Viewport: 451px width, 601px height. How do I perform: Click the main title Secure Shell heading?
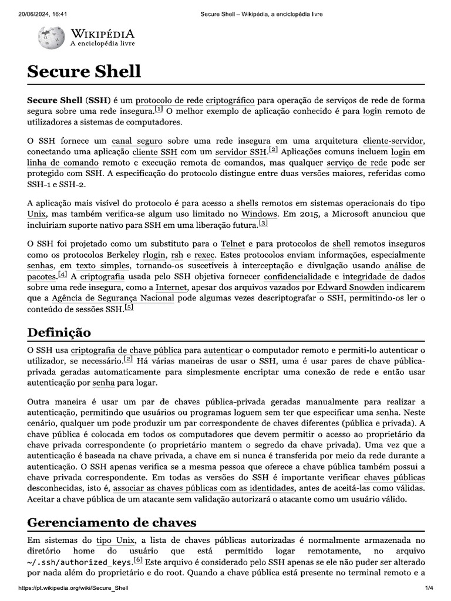pos(84,72)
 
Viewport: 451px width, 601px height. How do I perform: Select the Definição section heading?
pos(59,333)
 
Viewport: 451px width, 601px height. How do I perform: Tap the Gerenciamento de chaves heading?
pos(112,522)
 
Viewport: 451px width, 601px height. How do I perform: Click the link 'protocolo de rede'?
pos(169,100)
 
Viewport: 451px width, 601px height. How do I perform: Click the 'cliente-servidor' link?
pos(393,141)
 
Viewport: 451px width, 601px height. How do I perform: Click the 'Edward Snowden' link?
pos(351,287)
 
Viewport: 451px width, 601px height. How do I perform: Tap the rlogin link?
pos(154,255)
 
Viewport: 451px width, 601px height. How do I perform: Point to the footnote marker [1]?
pos(159,110)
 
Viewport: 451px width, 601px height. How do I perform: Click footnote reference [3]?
pos(263,223)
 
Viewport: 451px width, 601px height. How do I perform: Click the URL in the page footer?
pos(74,588)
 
